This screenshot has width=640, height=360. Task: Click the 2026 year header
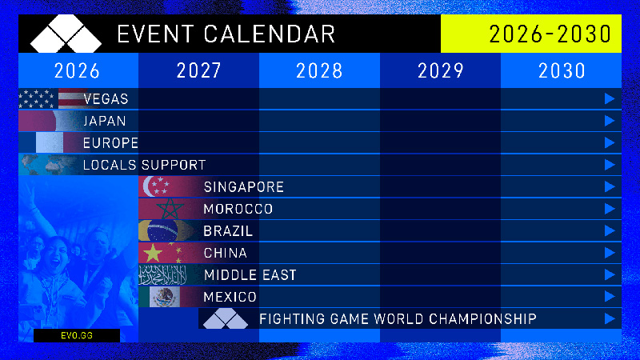pyautogui.click(x=78, y=70)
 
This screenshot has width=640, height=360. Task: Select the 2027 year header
pyautogui.click(x=198, y=70)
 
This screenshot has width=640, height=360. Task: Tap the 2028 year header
pyautogui.click(x=319, y=70)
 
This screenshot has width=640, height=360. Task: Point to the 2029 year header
pyautogui.click(x=440, y=70)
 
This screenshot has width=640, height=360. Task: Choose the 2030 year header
pyautogui.click(x=562, y=70)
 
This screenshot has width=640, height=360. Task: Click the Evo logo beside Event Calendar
pyautogui.click(x=66, y=34)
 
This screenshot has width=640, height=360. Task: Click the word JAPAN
pyautogui.click(x=104, y=121)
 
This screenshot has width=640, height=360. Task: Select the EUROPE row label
pyautogui.click(x=110, y=143)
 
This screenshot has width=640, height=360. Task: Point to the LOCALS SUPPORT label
pyautogui.click(x=144, y=165)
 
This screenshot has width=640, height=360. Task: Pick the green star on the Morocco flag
pyautogui.click(x=170, y=210)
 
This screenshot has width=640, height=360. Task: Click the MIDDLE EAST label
pyautogui.click(x=250, y=275)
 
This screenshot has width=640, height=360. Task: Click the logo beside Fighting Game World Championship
pyautogui.click(x=226, y=319)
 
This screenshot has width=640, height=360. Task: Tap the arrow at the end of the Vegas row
pyautogui.click(x=610, y=99)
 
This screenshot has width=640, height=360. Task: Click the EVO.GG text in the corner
pyautogui.click(x=76, y=336)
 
